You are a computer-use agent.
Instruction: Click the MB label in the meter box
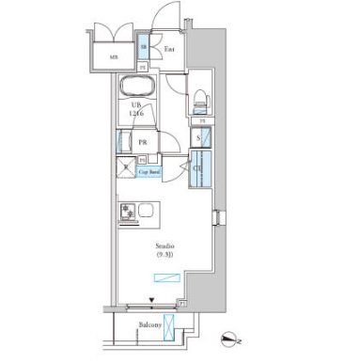[113, 55]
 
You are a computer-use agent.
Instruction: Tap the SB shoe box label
[144, 45]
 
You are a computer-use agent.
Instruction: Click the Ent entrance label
[170, 48]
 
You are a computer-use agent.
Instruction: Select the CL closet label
[197, 170]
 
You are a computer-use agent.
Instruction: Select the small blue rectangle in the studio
[168, 276]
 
